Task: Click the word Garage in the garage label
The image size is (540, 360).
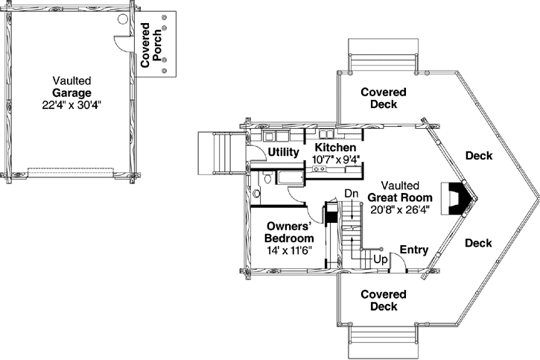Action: pyautogui.click(x=72, y=93)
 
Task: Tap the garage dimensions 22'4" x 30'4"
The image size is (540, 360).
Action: pyautogui.click(x=72, y=105)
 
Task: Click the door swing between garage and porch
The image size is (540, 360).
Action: pyautogui.click(x=120, y=42)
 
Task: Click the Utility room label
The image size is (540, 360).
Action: pyautogui.click(x=283, y=152)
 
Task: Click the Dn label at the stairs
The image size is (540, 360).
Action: pyautogui.click(x=351, y=194)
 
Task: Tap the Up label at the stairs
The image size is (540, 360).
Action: pyautogui.click(x=380, y=260)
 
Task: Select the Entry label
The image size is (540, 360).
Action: pyautogui.click(x=413, y=250)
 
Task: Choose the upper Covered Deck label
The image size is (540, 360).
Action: pyautogui.click(x=384, y=98)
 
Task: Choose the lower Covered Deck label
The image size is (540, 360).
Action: pyautogui.click(x=384, y=300)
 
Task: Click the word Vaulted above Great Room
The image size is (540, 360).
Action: pyautogui.click(x=400, y=185)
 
